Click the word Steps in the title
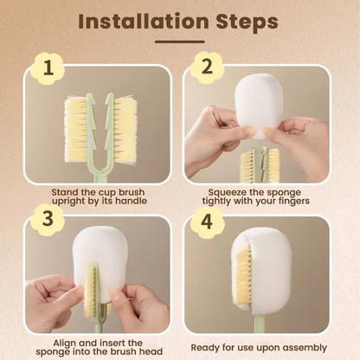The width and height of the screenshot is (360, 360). point(245,21)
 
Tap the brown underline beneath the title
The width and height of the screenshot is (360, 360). point(179,41)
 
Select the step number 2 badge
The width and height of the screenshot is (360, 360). point(207,67)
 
